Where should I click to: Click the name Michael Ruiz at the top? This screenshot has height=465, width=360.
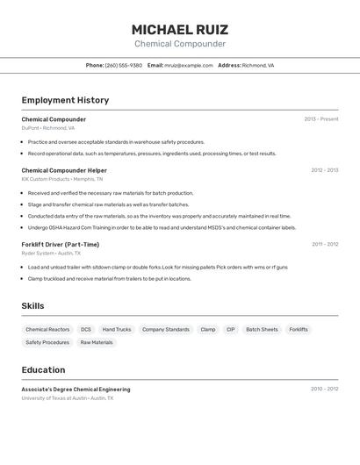[x=180, y=29]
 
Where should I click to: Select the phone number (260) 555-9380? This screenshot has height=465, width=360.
[x=124, y=65]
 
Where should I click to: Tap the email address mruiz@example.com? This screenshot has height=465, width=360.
[x=189, y=65]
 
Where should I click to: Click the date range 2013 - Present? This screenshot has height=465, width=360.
[x=321, y=119]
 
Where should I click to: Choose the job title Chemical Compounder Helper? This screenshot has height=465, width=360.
[x=64, y=170]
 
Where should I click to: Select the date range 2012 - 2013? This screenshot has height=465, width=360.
[x=324, y=170]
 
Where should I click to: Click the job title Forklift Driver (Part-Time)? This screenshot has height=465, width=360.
[x=61, y=245]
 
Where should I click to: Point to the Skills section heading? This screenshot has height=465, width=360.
[x=33, y=306]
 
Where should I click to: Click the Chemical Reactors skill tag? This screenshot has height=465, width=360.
[x=47, y=330]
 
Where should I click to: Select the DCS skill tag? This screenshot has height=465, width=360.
[x=86, y=330]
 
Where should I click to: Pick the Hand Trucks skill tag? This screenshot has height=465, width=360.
[x=117, y=330]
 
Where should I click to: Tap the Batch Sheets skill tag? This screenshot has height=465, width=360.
[x=262, y=330]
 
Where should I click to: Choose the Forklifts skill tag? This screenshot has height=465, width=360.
[x=299, y=330]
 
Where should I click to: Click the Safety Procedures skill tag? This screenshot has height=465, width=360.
[x=47, y=343]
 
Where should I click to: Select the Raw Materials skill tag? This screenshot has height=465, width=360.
[x=97, y=343]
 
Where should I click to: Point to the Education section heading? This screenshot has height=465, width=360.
[x=44, y=370]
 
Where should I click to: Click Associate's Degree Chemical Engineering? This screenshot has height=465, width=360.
[x=76, y=390]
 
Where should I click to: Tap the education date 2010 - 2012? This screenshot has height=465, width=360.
[x=324, y=389]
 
